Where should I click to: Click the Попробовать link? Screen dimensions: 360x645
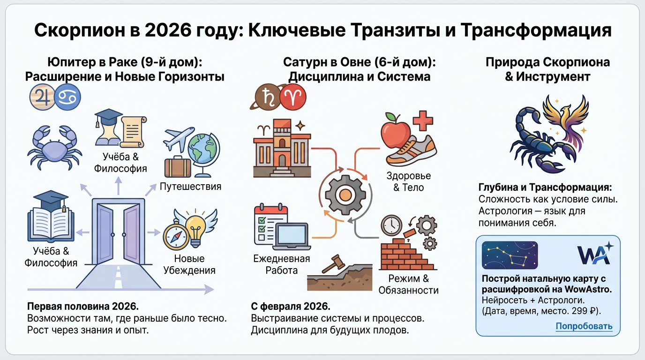pyautogui.click(x=584, y=326)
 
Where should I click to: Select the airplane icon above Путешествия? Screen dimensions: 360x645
pyautogui.click(x=179, y=137)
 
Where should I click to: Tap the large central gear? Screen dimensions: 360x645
pyautogui.click(x=345, y=193)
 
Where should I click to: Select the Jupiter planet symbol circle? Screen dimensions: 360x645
pyautogui.click(x=41, y=97)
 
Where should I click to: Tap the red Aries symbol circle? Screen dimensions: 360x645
pyautogui.click(x=293, y=97)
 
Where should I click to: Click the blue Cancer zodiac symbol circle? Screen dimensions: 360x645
pyautogui.click(x=67, y=97)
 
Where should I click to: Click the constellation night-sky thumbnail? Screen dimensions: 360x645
pyautogui.click(x=510, y=255)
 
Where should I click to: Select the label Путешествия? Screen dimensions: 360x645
pyautogui.click(x=190, y=187)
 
